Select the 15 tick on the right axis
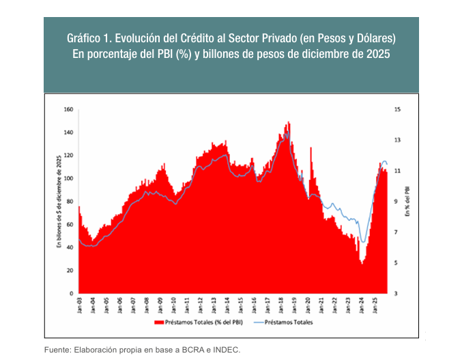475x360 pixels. (397, 109)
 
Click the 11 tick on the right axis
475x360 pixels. (397, 170)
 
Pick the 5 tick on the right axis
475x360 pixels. (396, 262)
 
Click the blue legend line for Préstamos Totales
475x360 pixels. (257, 322)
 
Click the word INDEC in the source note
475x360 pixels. (225, 350)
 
